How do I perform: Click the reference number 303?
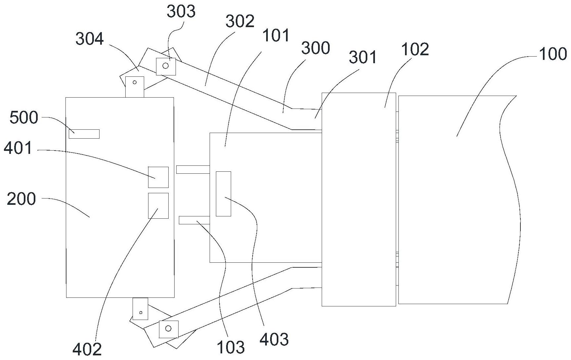coord(181,12)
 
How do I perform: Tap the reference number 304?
coord(89,39)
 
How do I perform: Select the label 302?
coord(240,22)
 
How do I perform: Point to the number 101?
coord(276,35)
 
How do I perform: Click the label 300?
coord(315,48)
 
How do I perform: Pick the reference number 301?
coord(363,58)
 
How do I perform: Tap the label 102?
coord(415,49)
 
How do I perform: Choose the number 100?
coord(553,54)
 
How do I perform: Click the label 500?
coord(23,118)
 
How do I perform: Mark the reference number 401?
coord(19,148)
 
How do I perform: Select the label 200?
coord(21,200)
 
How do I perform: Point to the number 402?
coord(87,349)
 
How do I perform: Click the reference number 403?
coord(274,339)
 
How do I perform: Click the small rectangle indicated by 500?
coord(84,134)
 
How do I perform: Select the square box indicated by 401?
coord(158,177)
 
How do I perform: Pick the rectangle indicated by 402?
coord(158,205)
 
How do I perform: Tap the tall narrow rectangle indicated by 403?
coord(223,194)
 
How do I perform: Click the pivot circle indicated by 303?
coord(166,66)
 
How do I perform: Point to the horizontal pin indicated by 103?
coord(194,220)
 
